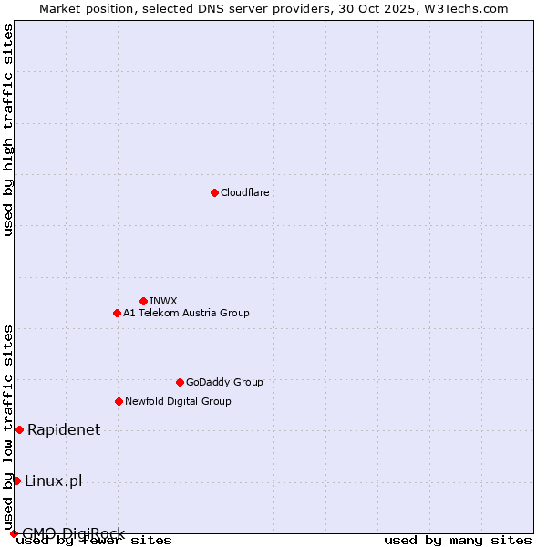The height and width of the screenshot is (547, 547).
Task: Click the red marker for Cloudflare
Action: coord(214,192)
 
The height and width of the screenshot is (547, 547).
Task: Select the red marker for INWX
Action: coord(143,301)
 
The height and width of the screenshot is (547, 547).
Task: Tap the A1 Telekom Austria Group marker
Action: coord(117,313)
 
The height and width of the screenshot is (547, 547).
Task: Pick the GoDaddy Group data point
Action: coord(180,382)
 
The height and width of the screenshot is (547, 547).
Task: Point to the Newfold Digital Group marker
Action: coord(119,401)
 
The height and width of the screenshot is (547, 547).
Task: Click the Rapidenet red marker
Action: coord(19,429)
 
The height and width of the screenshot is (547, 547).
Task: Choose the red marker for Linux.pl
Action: coord(16,480)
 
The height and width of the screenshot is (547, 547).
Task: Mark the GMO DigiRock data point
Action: coord(14,533)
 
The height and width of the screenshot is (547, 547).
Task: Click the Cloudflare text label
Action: coord(244,192)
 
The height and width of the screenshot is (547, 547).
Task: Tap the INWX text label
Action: coord(163,301)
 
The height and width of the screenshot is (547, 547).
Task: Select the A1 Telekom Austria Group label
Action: coord(186,313)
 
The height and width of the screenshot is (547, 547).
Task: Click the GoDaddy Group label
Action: coord(224,382)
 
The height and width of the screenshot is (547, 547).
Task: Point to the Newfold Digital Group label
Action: coord(178,401)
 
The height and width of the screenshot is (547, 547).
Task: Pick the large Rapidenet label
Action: coord(64,429)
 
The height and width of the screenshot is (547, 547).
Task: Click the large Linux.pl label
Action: coord(54,480)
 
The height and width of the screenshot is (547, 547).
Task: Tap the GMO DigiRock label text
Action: coord(73,533)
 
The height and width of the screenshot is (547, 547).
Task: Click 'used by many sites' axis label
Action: coord(458,540)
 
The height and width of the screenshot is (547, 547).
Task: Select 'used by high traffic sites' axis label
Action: coord(9,129)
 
